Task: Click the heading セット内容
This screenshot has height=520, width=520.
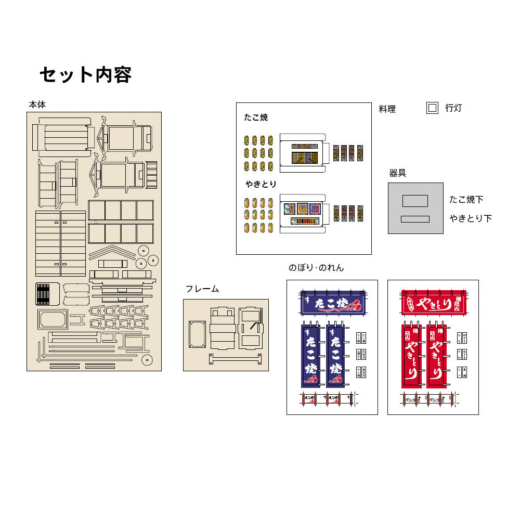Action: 85,75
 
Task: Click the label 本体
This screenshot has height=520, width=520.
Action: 37,105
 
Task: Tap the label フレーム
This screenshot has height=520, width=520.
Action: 202,289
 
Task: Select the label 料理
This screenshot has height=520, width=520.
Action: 387,109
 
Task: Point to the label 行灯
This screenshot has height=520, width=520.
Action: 453,108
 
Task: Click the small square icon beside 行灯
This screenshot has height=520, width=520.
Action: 432,108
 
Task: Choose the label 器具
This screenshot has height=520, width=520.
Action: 398,173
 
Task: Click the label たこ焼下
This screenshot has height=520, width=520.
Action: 466,200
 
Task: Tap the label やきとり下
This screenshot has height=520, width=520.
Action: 471,219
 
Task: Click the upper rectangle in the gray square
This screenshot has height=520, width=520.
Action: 415,201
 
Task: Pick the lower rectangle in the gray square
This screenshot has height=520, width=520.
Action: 415,219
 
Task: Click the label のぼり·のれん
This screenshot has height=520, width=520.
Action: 316,268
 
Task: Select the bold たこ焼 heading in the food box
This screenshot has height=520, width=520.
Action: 256,118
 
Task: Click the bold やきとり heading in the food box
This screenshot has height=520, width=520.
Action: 261,184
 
